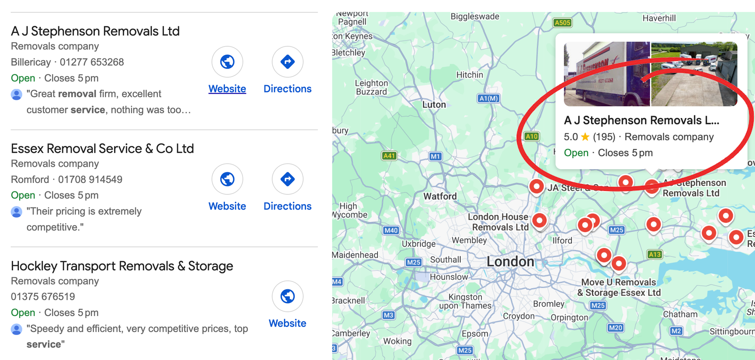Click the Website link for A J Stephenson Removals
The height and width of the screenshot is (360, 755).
227,89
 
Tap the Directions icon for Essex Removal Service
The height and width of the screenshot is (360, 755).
287,179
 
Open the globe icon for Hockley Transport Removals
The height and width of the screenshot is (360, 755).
287,296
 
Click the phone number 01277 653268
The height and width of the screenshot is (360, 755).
92,62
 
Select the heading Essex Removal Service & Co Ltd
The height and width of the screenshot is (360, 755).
102,149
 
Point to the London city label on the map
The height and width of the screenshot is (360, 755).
510,262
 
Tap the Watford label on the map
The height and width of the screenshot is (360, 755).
440,196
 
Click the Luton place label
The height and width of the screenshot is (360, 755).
434,105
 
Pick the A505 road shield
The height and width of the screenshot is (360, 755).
562,22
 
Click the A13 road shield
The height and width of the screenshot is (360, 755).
654,255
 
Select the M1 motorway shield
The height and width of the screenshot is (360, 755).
435,156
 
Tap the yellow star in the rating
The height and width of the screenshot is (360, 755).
585,137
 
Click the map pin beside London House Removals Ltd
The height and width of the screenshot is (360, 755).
540,220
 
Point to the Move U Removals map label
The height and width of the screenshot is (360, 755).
619,287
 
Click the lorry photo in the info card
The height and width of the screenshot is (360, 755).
607,74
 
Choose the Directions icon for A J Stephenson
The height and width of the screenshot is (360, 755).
287,62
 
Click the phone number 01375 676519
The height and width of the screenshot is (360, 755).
43,297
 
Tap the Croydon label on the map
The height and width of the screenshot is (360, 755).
518,316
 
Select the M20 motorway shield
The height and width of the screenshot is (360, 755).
615,328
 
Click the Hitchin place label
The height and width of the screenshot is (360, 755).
470,75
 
